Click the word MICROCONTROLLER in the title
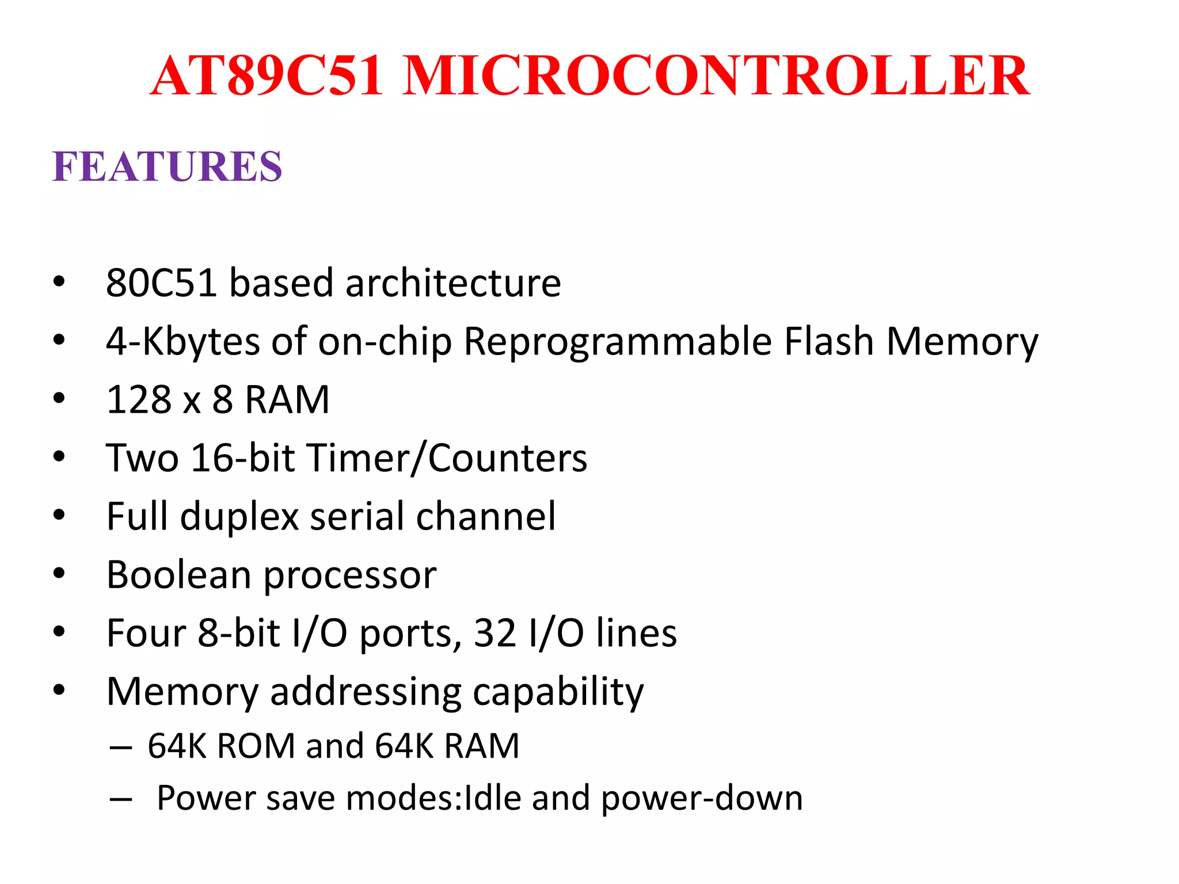click(x=716, y=75)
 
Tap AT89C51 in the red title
click(x=267, y=75)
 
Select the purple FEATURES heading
click(x=167, y=167)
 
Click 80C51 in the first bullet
click(x=161, y=283)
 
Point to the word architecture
click(x=453, y=283)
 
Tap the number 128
click(x=139, y=400)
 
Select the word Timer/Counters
click(x=447, y=459)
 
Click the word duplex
click(x=239, y=517)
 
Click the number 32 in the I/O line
click(x=495, y=634)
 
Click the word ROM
click(x=256, y=746)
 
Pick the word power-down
click(x=702, y=799)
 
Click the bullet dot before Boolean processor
click(x=59, y=574)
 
